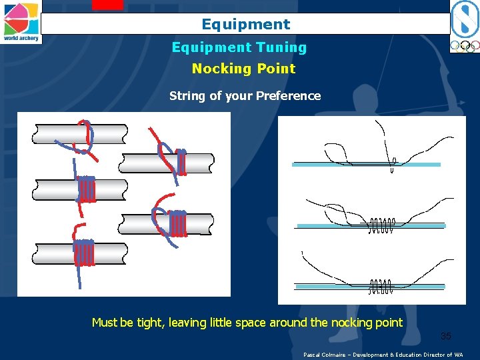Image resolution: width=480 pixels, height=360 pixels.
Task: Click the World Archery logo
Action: point(21,21)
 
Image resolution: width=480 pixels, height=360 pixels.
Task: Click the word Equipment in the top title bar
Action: point(246,25)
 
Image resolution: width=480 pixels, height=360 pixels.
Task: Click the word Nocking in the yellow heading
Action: point(217,69)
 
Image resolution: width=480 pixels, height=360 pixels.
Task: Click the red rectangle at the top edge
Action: point(107,4)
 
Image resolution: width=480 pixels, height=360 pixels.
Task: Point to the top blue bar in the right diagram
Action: point(366,164)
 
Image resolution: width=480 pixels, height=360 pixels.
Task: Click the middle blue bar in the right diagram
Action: point(370,225)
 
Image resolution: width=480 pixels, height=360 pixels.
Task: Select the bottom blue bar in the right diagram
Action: point(370,287)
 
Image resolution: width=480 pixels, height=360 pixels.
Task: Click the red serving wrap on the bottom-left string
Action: point(85,253)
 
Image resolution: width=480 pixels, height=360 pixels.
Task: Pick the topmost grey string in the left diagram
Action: point(79,134)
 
